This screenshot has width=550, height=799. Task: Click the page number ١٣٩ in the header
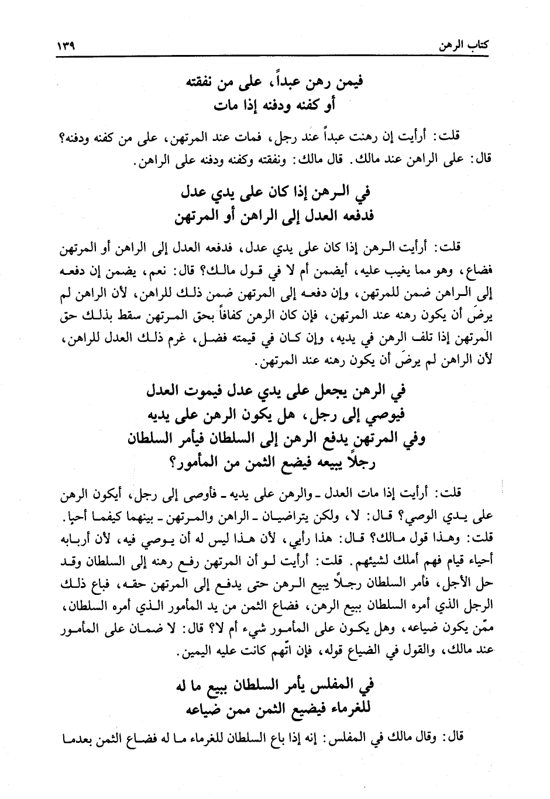pos(70,46)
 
